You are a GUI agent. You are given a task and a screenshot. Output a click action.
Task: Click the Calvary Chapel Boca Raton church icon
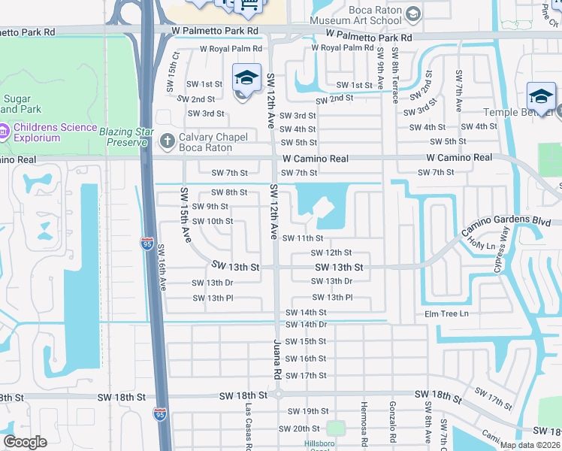coord(167,139)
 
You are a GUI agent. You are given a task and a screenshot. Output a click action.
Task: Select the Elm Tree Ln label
coord(446,313)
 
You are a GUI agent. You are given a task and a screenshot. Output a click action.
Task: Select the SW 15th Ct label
coord(176,65)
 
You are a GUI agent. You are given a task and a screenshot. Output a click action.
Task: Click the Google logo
coord(25,442)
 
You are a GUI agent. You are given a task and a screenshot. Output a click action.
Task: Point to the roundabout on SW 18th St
coord(276,395)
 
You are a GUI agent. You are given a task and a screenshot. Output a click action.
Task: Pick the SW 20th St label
coord(299,428)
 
